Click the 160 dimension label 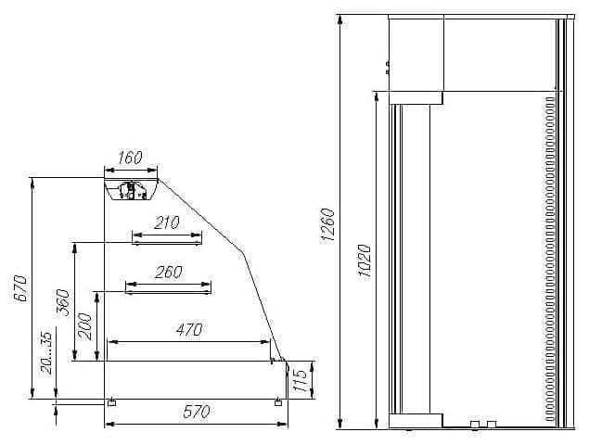pos(130,158)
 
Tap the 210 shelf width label pos(167,222)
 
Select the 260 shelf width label pos(168,272)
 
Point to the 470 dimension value pos(189,330)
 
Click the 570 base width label pos(197,412)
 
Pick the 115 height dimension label pos(300,380)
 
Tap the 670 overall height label pos(21,288)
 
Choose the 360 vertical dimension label pos(62,302)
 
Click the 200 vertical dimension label pos(84,326)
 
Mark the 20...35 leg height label pos(46,353)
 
